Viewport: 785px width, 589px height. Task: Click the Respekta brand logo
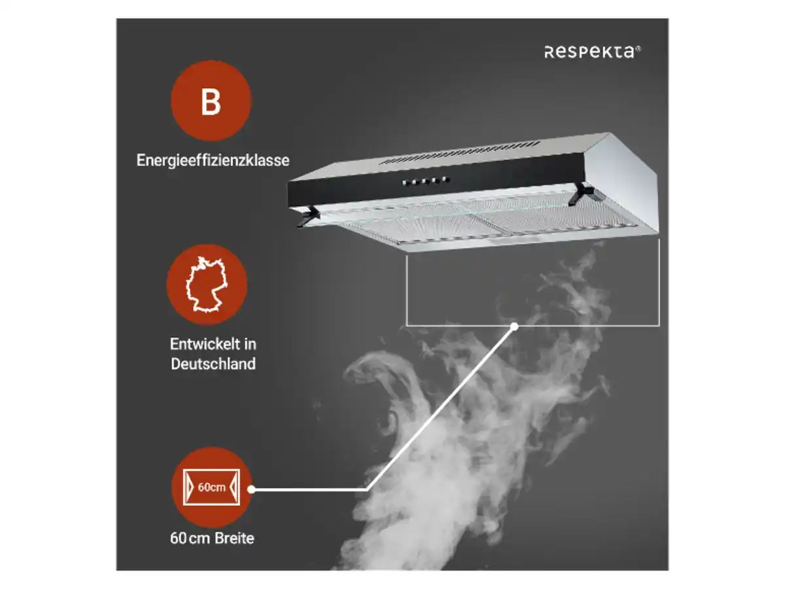(x=592, y=52)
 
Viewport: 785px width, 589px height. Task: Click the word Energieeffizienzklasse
(x=213, y=160)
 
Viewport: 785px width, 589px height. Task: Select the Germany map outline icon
(x=206, y=284)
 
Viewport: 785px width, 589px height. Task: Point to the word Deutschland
(x=213, y=364)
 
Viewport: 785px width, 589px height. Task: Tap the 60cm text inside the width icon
(x=211, y=487)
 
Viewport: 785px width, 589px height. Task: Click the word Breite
(x=234, y=538)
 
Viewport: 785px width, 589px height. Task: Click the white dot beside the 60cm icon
(x=251, y=490)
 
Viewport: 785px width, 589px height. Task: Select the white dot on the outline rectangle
(x=514, y=326)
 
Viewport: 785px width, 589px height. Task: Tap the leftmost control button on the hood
(x=404, y=183)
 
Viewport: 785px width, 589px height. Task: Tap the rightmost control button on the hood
(x=445, y=179)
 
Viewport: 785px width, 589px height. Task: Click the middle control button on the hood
(x=425, y=181)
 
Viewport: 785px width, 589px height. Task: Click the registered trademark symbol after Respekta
(x=638, y=48)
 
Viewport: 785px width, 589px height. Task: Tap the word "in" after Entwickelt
(x=250, y=344)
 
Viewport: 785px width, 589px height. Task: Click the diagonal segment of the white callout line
(x=441, y=408)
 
